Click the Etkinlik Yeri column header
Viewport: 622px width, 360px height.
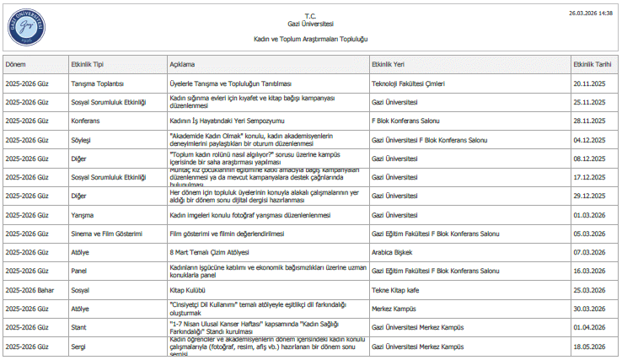388,64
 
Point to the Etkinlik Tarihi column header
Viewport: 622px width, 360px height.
592,64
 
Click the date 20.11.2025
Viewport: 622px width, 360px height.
589,84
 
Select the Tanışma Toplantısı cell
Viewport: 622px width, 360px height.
98,84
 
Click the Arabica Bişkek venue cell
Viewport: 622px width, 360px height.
394,252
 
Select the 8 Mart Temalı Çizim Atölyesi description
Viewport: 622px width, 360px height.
212,252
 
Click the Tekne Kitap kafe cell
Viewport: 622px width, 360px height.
397,289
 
